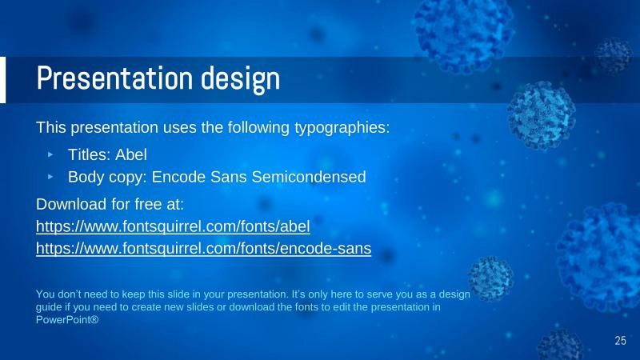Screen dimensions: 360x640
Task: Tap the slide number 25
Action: pos(620,341)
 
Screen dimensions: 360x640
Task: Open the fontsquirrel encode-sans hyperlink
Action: pos(203,248)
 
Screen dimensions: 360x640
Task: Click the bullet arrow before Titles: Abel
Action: pos(51,154)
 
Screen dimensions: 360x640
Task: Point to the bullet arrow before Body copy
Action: pos(51,176)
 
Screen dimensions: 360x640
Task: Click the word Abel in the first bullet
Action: pos(131,154)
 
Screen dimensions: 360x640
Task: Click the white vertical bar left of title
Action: pos(2,79)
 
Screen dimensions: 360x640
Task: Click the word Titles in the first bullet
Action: pos(88,154)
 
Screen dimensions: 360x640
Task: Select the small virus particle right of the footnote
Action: pos(489,277)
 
